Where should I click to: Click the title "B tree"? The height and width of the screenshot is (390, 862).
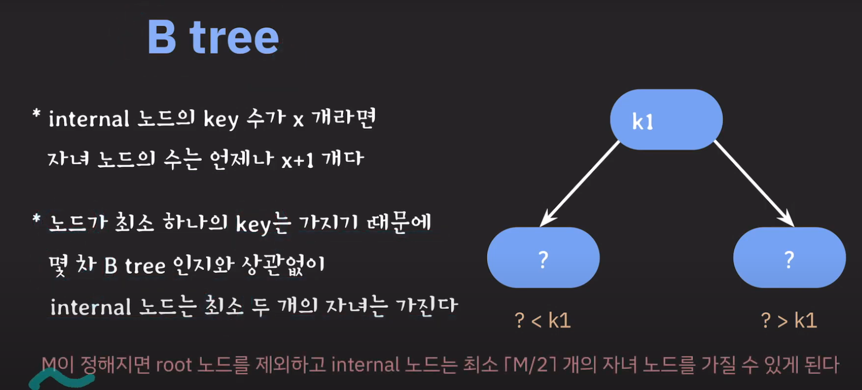pos(213,37)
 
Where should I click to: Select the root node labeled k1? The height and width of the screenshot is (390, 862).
pos(666,120)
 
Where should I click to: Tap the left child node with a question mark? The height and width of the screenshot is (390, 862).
pos(543,257)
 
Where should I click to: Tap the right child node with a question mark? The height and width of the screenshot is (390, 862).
pos(789,257)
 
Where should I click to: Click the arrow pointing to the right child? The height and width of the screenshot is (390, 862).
pos(754,183)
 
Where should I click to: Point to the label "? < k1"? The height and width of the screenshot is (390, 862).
pos(543,321)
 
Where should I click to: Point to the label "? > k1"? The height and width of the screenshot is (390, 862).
pos(789,321)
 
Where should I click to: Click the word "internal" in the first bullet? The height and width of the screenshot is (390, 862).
pos(89,119)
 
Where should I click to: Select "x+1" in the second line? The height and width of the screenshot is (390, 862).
pos(297,160)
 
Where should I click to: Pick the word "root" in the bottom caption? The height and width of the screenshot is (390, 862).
pos(174,365)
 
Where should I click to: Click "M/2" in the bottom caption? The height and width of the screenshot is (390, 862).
pos(531,365)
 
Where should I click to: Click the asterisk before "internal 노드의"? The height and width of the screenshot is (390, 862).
pos(36,114)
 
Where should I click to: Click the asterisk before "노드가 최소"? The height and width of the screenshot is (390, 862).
pos(36,218)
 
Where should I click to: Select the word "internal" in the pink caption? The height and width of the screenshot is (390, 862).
pos(365,365)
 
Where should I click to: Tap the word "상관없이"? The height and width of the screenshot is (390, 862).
pos(284,266)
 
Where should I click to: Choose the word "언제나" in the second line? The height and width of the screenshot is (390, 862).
pos(241,159)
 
